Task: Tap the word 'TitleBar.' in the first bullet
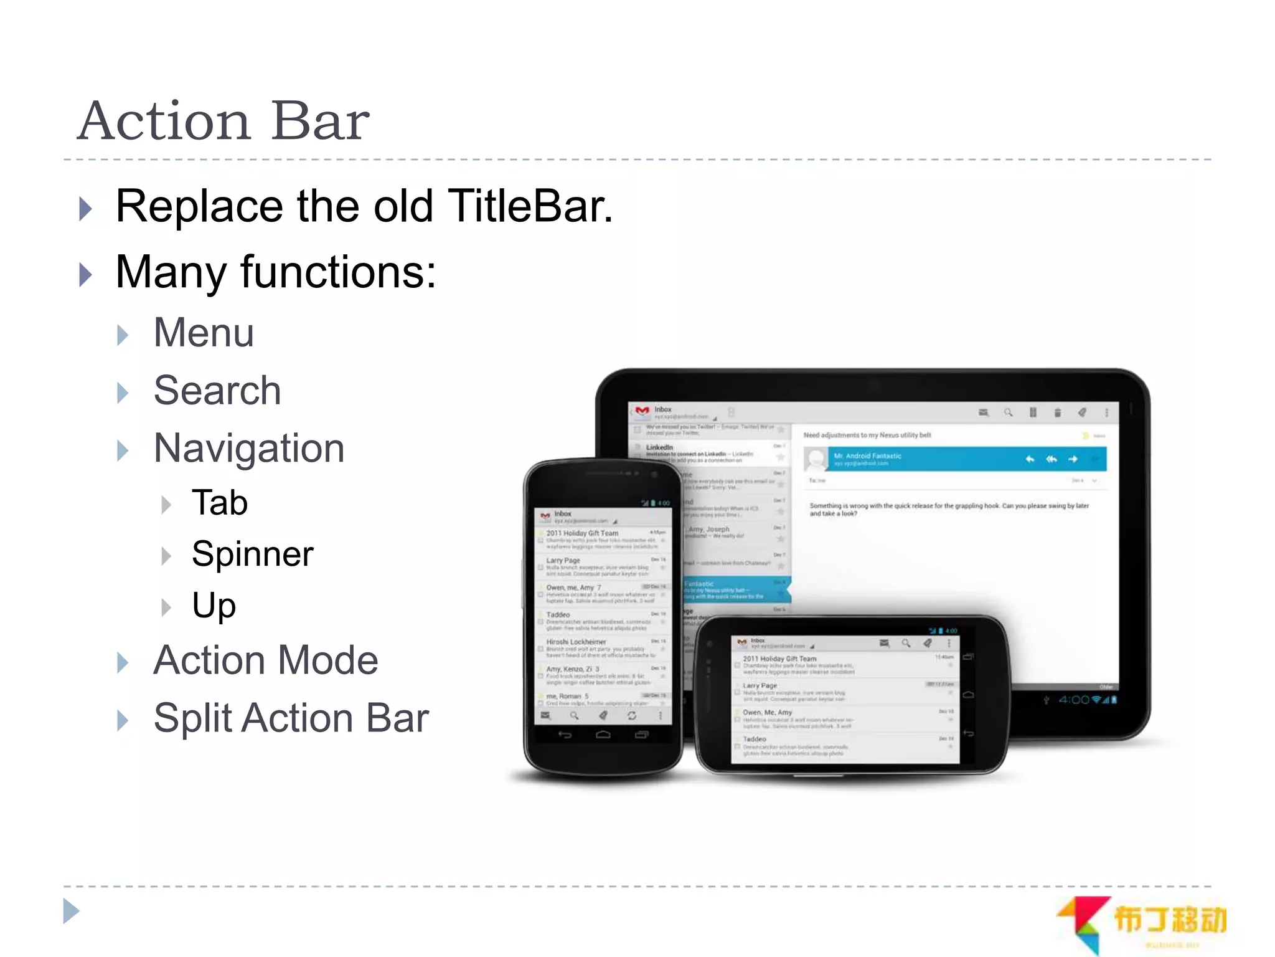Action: pos(530,206)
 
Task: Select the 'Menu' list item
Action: pos(204,333)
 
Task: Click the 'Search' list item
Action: pos(217,391)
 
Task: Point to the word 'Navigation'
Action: pos(249,449)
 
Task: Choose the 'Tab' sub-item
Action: pos(220,503)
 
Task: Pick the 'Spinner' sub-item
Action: pos(252,554)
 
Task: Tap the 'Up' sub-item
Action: pos(214,606)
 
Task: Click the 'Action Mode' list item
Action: pos(266,660)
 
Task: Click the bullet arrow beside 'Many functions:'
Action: pos(86,274)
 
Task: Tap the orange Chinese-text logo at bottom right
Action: pos(1169,920)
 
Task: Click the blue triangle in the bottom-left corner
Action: pos(72,912)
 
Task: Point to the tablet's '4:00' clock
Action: pos(1074,700)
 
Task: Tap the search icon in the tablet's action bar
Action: pos(1008,412)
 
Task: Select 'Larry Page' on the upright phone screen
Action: pos(563,561)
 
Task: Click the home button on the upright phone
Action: pos(603,735)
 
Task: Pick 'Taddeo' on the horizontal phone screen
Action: pos(755,740)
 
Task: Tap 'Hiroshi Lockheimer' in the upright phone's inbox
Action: pos(576,642)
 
